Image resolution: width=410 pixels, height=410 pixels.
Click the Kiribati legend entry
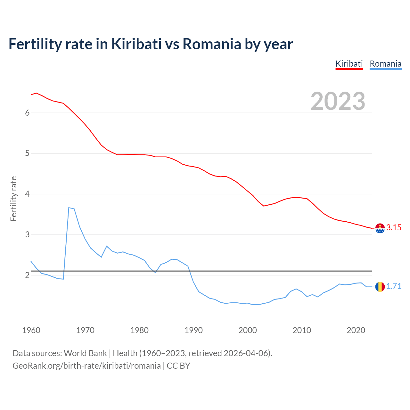349,64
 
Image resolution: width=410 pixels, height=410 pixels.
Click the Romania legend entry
385,64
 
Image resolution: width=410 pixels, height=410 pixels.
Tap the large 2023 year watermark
338,101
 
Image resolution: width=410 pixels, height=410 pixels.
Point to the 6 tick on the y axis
27,113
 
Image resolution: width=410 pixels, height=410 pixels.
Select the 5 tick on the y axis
27,153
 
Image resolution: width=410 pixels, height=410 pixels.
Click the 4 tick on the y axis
27,194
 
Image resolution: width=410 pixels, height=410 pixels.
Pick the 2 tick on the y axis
27,275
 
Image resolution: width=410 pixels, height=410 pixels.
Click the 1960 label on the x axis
31,330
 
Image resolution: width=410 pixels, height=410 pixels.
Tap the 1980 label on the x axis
139,330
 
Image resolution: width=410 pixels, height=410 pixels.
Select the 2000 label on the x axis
248,330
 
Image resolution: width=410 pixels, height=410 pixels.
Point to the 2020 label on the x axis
356,330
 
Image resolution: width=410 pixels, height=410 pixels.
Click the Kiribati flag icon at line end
380,228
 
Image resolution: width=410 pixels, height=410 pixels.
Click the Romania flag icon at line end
380,287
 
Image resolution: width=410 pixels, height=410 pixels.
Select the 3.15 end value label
394,228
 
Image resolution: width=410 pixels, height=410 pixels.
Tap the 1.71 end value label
394,286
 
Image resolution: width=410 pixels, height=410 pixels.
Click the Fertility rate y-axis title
13,199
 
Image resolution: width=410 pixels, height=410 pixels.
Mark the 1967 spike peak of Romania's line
69,208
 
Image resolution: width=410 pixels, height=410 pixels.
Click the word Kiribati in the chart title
136,44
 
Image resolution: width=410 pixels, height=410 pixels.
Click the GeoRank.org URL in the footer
86,366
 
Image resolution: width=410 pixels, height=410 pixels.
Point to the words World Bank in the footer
85,353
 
